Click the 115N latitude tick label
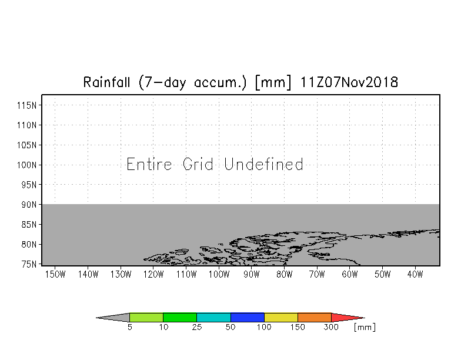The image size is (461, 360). pos(27,105)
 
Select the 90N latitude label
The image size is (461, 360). pos(29,205)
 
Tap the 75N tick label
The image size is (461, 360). pos(29,264)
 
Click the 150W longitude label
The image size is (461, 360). pos(55,274)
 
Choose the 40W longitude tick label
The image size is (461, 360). pos(415,274)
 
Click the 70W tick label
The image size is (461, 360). pos(317,274)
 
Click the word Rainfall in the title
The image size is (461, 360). pos(106,82)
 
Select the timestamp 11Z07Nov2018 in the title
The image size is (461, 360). pos(349,82)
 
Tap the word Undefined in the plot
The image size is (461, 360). pos(263,164)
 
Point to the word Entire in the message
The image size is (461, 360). pos(149,164)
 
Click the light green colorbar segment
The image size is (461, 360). pos(146,318)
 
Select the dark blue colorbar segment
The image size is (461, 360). pos(248,318)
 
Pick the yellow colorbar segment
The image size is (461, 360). pos(281,318)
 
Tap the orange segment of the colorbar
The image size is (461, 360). pos(315,318)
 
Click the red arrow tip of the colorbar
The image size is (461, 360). pos(364,318)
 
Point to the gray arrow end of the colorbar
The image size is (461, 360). pos(97,318)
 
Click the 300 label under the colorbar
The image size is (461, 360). pos(331,327)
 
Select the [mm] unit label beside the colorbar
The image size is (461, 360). pos(365,327)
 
